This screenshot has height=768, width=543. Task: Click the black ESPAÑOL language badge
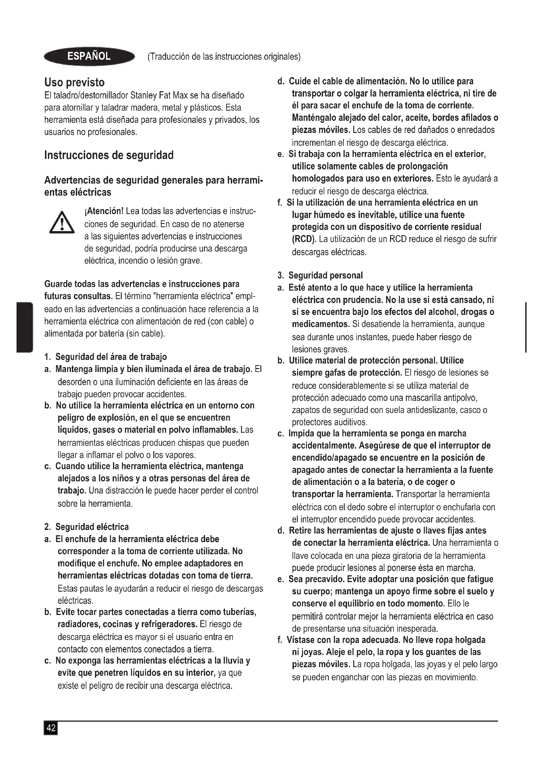(89, 56)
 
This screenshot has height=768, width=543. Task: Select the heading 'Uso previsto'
(74, 82)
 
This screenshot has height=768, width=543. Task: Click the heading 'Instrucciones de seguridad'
(109, 155)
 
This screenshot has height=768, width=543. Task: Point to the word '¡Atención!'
(104, 211)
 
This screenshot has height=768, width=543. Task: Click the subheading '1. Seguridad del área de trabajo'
(106, 357)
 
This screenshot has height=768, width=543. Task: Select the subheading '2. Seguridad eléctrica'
(87, 527)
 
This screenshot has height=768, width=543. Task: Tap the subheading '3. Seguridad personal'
(320, 275)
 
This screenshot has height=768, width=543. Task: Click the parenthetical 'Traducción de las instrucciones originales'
(224, 56)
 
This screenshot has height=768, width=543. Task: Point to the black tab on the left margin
(24, 327)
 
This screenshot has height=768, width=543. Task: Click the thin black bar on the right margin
(526, 327)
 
